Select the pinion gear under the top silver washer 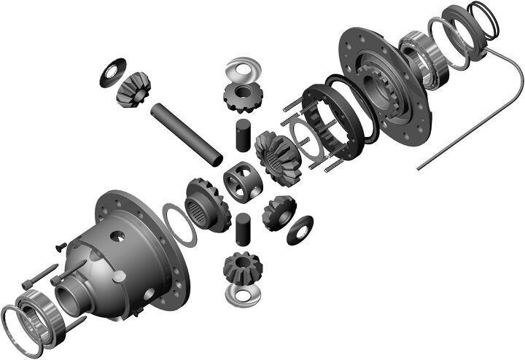click(x=240, y=97)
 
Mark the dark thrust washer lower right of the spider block click(x=300, y=230)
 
